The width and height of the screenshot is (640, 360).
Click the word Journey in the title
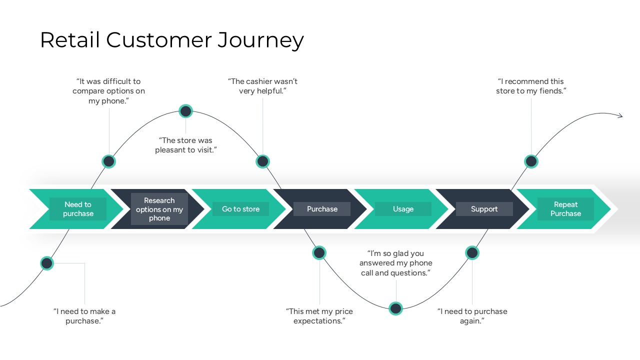(x=260, y=40)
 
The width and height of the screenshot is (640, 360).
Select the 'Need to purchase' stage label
(x=78, y=209)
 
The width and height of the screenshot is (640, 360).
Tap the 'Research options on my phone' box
(x=159, y=209)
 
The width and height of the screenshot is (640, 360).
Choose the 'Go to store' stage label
(x=240, y=209)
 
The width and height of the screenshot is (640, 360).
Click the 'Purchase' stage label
(x=322, y=209)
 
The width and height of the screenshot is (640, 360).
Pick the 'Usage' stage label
(x=403, y=209)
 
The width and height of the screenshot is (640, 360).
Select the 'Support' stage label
(x=484, y=209)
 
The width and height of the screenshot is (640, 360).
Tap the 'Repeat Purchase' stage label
(x=565, y=209)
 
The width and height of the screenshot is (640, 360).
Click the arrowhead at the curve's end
(x=620, y=116)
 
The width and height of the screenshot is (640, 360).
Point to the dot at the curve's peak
(x=185, y=111)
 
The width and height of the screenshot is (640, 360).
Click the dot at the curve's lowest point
(x=395, y=308)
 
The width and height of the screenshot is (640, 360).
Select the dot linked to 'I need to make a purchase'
(x=46, y=263)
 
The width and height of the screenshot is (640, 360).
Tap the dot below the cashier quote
(x=262, y=161)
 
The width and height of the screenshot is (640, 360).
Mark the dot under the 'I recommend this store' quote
(x=531, y=161)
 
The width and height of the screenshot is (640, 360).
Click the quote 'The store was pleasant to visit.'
(x=185, y=145)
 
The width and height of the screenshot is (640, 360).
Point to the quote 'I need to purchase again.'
(x=472, y=316)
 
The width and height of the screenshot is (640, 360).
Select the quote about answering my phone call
(x=395, y=263)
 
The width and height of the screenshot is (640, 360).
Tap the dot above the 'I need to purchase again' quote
(x=472, y=253)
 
